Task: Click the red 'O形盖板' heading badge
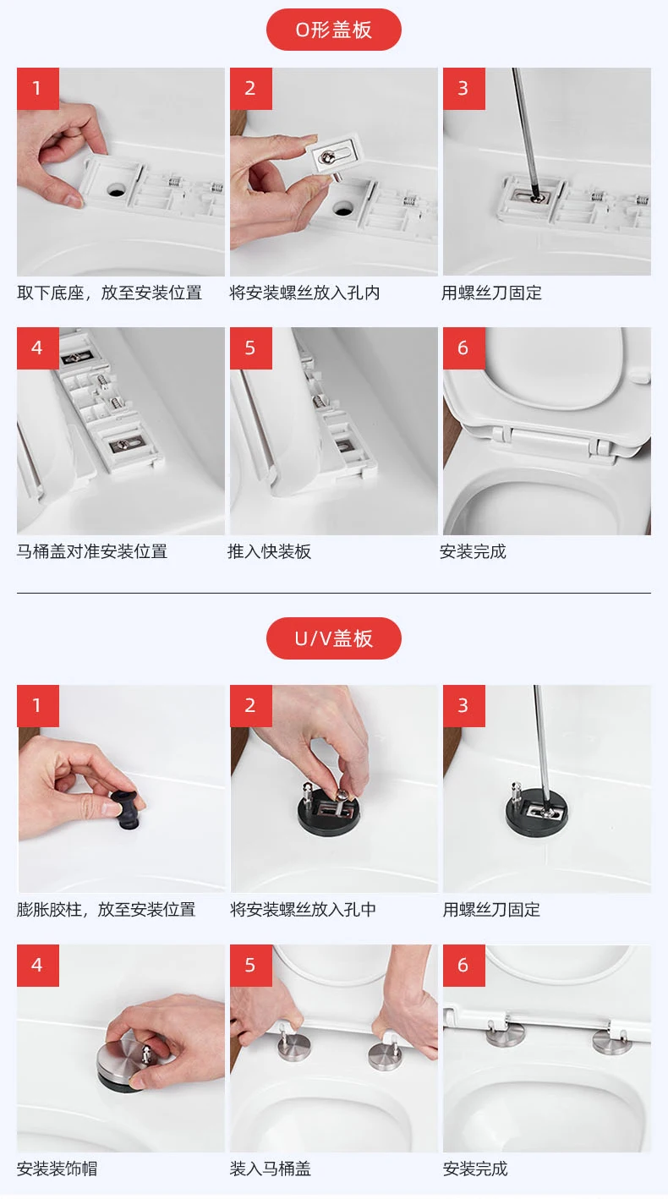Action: click(333, 30)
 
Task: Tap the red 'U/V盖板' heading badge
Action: click(333, 638)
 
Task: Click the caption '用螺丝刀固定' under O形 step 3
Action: click(491, 293)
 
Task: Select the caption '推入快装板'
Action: click(269, 551)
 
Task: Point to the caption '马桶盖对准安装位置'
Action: click(92, 551)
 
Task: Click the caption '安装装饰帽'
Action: click(57, 1169)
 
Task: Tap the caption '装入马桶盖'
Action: click(271, 1169)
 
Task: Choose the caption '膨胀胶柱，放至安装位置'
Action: click(106, 909)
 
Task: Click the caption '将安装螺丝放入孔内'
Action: click(304, 293)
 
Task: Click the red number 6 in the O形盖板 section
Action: click(463, 348)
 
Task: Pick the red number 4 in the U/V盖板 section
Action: click(37, 965)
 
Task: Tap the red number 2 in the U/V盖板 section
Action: click(250, 705)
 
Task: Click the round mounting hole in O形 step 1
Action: click(116, 190)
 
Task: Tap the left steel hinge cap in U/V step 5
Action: click(295, 1046)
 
